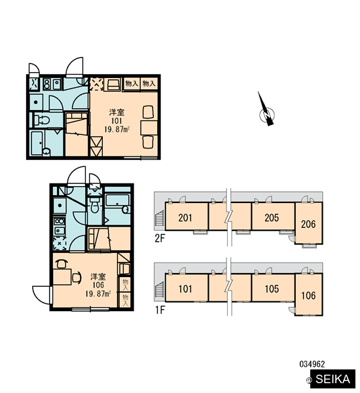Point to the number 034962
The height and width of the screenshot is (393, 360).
[312, 364]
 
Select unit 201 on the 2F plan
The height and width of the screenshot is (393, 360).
[187, 216]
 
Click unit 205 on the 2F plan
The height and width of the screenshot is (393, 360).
[273, 216]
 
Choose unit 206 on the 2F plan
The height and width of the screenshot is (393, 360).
[309, 223]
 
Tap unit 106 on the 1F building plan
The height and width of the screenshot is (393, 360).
[309, 294]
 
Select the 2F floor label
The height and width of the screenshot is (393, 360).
[160, 238]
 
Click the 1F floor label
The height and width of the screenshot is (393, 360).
[160, 310]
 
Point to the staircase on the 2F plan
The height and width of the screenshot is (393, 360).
[159, 219]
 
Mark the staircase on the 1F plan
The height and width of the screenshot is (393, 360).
[159, 290]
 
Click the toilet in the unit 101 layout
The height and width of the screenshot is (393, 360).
[42, 120]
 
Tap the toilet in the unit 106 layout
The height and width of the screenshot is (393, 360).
[94, 204]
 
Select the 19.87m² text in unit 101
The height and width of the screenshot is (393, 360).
[117, 129]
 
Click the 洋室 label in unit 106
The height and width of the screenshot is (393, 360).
[98, 276]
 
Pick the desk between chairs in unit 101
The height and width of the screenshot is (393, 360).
[149, 128]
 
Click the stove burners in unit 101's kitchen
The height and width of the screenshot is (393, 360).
[46, 84]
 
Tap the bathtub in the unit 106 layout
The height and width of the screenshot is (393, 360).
[117, 204]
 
